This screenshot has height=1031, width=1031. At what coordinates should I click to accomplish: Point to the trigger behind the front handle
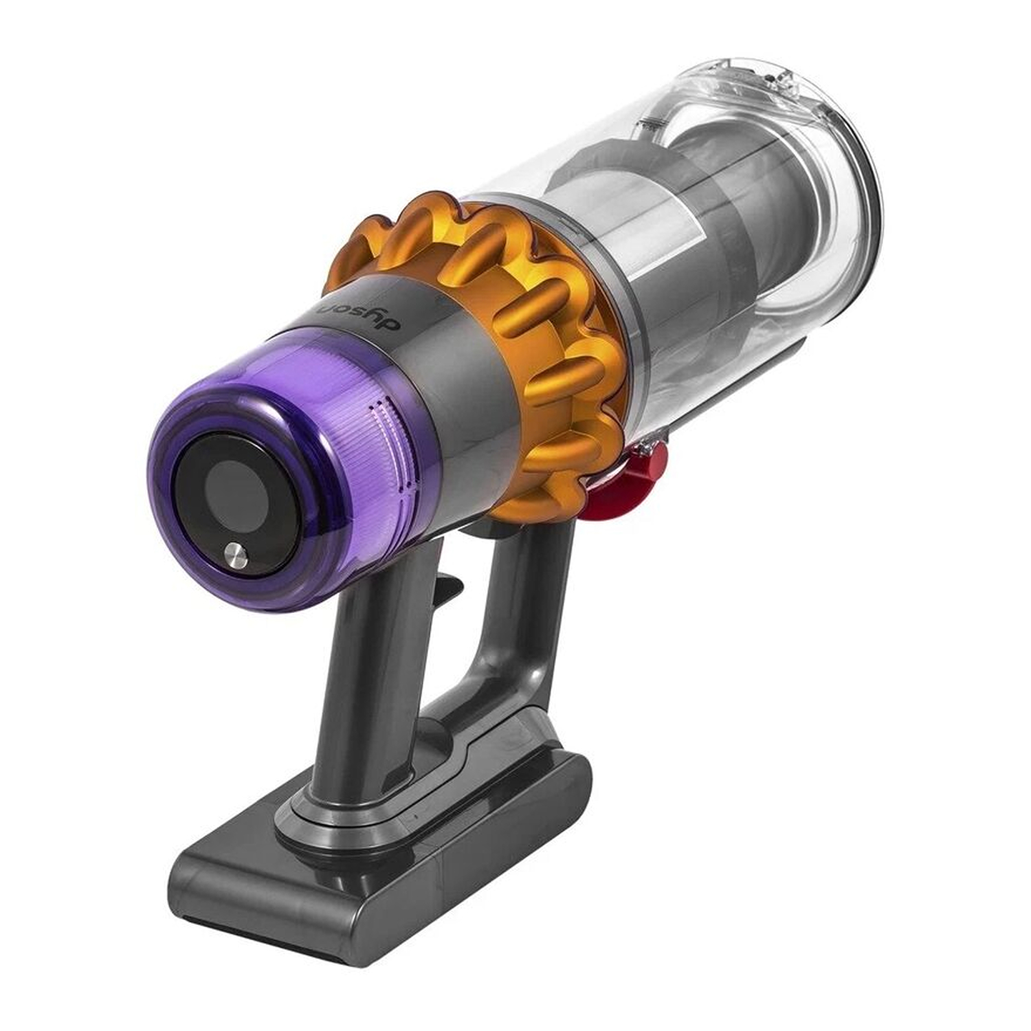[x=446, y=588]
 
